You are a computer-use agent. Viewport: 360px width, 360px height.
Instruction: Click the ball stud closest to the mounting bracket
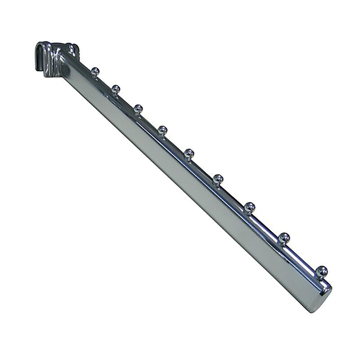pyautogui.click(x=95, y=70)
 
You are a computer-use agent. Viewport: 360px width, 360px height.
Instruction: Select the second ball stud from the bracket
pyautogui.click(x=116, y=88)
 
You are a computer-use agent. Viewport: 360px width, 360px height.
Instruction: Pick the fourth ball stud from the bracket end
pyautogui.click(x=162, y=130)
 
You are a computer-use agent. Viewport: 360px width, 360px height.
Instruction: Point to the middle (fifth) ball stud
pyautogui.click(x=189, y=153)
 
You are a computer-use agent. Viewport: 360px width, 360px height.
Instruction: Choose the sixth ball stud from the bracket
pyautogui.click(x=218, y=178)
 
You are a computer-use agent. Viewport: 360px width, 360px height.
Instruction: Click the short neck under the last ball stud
pyautogui.click(x=321, y=277)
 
